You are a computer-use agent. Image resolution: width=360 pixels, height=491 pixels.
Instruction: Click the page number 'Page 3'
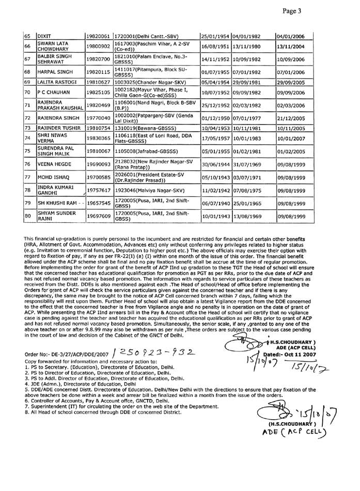coord(336,11)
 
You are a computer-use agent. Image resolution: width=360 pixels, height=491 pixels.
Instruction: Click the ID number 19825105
coord(98,93)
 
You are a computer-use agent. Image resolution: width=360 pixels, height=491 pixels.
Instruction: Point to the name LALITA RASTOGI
coord(57,82)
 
